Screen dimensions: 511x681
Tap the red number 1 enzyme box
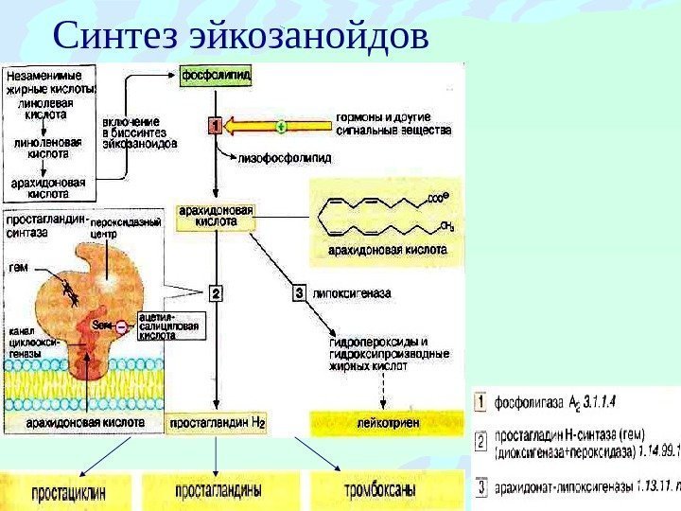point(215,125)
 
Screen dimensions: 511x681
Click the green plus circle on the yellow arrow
point(281,125)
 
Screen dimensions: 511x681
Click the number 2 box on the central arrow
point(216,294)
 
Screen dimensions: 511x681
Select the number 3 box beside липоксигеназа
point(300,294)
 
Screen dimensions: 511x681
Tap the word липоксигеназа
point(353,294)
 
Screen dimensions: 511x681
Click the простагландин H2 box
point(216,421)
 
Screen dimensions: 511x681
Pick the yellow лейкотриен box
point(389,422)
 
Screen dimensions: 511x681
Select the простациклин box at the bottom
point(68,492)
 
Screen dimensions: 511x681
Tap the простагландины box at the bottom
point(217,492)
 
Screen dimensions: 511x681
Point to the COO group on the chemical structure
point(435,200)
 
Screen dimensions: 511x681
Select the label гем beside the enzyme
point(19,267)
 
